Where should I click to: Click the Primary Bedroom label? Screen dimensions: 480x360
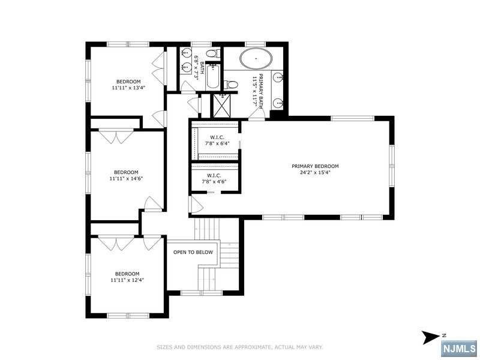pos(315,166)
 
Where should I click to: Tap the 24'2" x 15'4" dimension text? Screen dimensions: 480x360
pos(315,172)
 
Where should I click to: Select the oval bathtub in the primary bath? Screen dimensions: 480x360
pos(256,58)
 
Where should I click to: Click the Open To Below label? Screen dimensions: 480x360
pos(193,252)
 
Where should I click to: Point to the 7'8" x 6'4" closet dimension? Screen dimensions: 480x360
pos(217,143)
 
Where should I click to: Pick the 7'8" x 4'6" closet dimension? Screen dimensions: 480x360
pos(214,181)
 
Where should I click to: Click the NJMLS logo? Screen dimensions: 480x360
pos(460,348)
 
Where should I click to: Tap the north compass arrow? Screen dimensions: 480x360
pos(431,337)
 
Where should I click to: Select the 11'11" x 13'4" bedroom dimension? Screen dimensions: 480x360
pos(128,88)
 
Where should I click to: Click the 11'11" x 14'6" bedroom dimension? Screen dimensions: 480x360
pos(126,178)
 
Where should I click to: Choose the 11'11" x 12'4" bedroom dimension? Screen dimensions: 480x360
pos(127,280)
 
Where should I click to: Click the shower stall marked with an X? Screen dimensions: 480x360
pos(221,106)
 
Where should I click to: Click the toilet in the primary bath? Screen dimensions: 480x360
pos(231,84)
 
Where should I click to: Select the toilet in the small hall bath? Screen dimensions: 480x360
pos(212,54)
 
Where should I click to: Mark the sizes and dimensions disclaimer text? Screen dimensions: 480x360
pos(239,347)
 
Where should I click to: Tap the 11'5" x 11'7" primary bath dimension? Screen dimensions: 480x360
pos(254,91)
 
